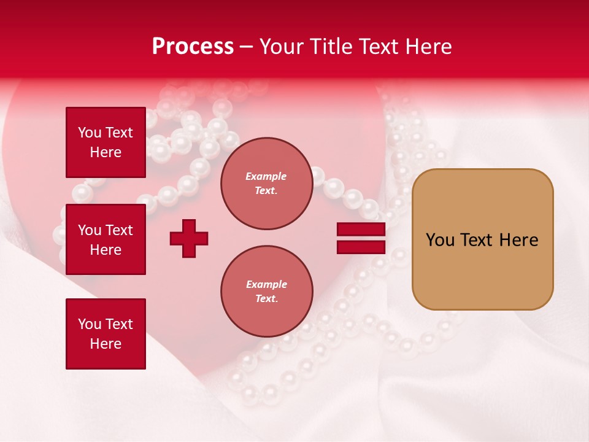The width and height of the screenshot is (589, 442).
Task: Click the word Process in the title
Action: (193, 47)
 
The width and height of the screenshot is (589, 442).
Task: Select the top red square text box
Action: (106, 142)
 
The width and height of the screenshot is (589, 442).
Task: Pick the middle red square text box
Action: (106, 239)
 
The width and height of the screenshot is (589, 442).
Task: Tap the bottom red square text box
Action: (106, 334)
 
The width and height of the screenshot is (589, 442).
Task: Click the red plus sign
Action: (189, 238)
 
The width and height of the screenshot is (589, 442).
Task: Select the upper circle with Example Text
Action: (266, 184)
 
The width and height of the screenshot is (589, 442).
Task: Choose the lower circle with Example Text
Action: (266, 292)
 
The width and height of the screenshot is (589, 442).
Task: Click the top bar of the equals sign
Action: (361, 230)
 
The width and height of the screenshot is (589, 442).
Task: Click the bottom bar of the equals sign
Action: (361, 247)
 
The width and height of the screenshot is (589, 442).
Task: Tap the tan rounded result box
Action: (482, 270)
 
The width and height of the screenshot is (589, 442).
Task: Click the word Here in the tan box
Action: (518, 240)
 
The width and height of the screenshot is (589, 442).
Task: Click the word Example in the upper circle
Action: (266, 176)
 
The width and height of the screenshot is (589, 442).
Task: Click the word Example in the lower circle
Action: (266, 284)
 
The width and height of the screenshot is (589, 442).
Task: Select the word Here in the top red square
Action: (106, 152)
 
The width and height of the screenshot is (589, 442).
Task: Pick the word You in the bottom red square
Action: (90, 324)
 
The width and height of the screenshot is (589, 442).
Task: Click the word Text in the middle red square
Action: (118, 230)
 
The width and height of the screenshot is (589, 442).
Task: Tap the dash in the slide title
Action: (247, 47)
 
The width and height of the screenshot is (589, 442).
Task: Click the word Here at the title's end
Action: (430, 47)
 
